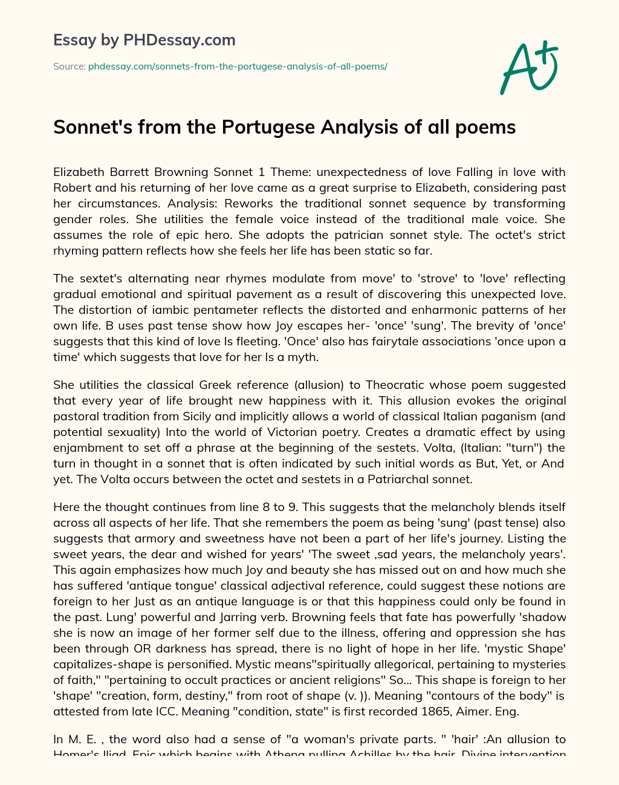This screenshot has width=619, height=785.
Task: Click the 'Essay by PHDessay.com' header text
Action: tap(144, 41)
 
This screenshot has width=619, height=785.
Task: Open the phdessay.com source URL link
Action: tap(238, 67)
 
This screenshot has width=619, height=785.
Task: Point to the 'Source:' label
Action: tap(70, 67)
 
